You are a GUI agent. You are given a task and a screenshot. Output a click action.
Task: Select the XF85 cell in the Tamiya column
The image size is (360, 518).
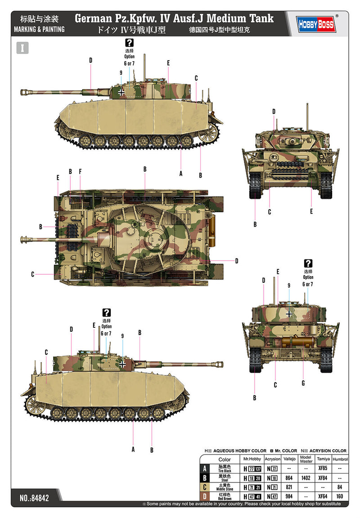click(x=322, y=468)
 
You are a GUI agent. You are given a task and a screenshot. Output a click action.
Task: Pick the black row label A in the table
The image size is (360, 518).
click(x=205, y=468)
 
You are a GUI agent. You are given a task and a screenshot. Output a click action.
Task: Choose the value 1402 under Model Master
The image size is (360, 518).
click(x=306, y=478)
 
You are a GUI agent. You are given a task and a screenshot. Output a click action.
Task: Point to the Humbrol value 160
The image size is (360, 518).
click(x=340, y=496)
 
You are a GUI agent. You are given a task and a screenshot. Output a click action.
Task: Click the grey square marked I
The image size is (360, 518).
click(x=22, y=48)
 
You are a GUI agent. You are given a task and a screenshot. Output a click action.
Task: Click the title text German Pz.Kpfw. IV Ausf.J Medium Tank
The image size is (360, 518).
click(x=174, y=19)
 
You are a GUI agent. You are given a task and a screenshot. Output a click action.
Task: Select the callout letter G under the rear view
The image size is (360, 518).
click(x=303, y=383)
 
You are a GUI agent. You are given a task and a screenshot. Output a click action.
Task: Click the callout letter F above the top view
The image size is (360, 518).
click(x=80, y=171)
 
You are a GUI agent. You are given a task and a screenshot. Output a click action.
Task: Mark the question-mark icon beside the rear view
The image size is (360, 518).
click(x=308, y=263)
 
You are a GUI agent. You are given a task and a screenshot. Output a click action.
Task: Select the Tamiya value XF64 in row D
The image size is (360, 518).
click(x=322, y=496)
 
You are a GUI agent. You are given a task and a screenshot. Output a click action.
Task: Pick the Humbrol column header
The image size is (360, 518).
click(x=340, y=459)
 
